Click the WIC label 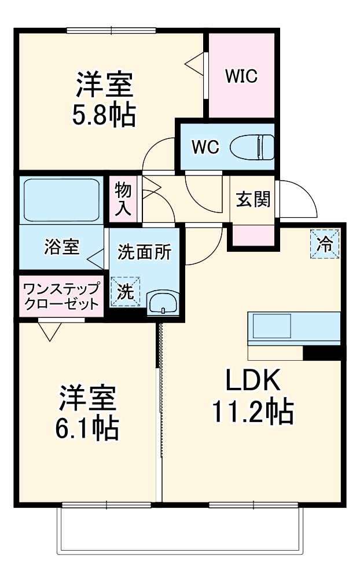click(x=241, y=77)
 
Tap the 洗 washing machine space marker click(x=126, y=292)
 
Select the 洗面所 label click(x=144, y=252)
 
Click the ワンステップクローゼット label click(x=61, y=295)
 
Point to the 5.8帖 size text click(x=104, y=116)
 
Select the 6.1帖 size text click(x=87, y=428)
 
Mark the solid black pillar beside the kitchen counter click(x=324, y=353)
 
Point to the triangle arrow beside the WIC click(x=195, y=64)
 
